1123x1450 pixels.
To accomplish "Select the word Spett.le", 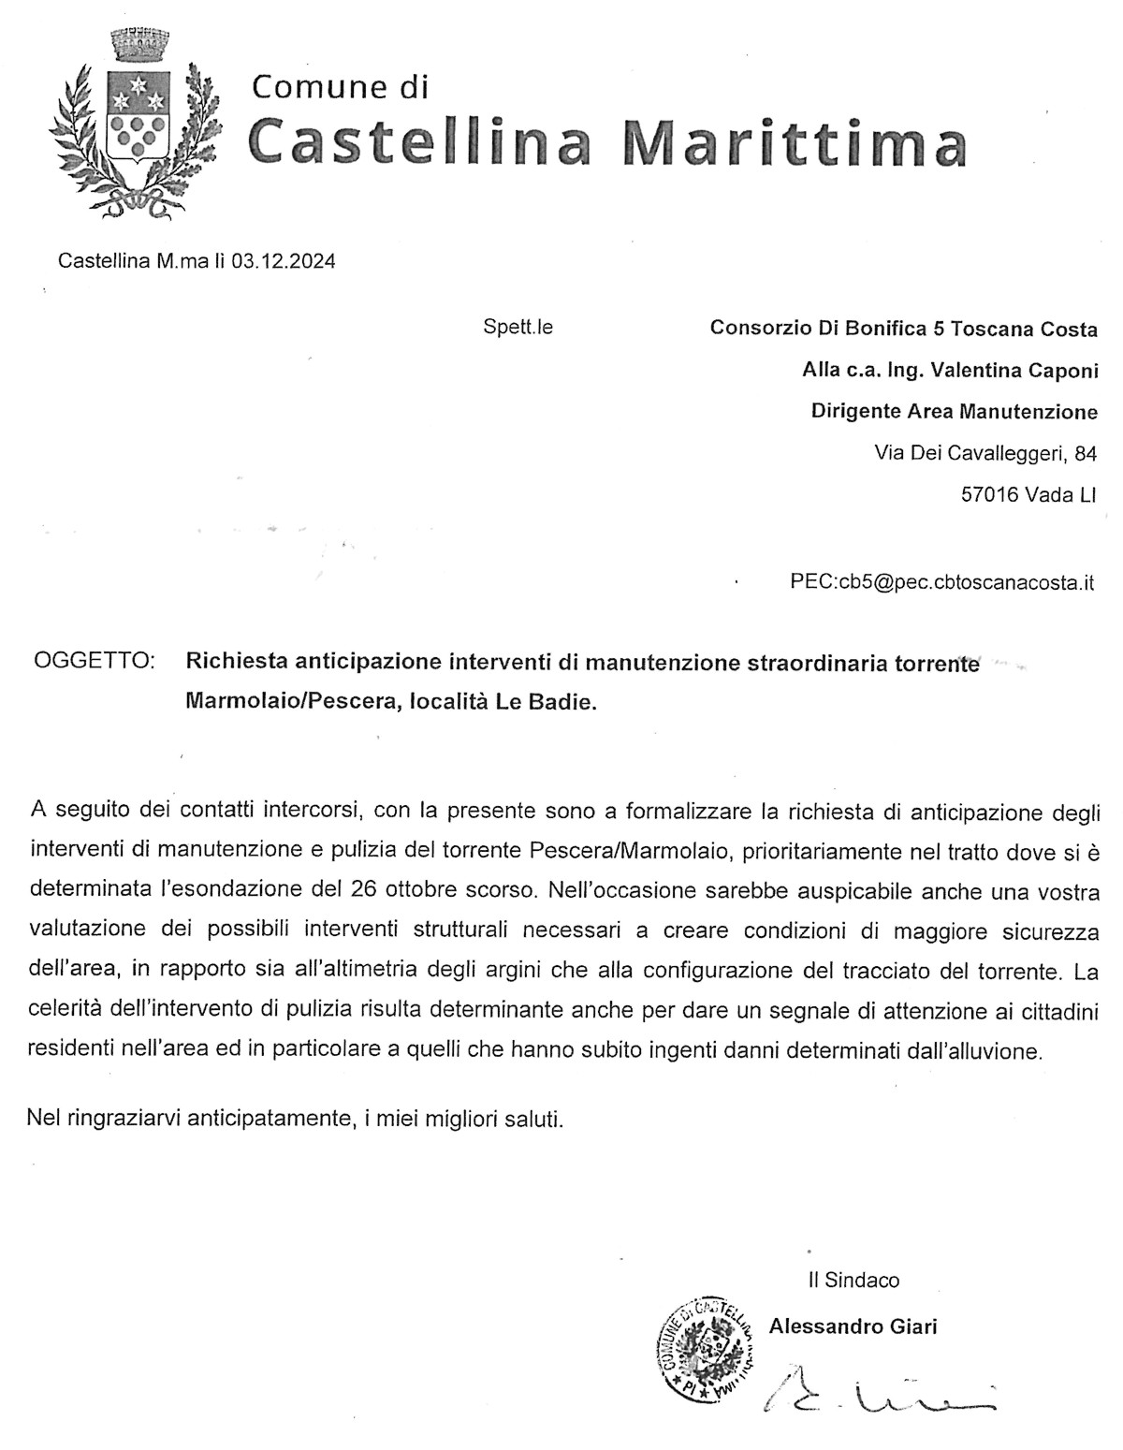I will tap(518, 328).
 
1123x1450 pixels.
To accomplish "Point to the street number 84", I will tap(1086, 454).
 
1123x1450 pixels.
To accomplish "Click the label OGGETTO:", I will tap(94, 663).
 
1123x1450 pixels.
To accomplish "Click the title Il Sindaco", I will tap(853, 1280).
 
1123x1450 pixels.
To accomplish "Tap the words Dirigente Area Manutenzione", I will tap(954, 412).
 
